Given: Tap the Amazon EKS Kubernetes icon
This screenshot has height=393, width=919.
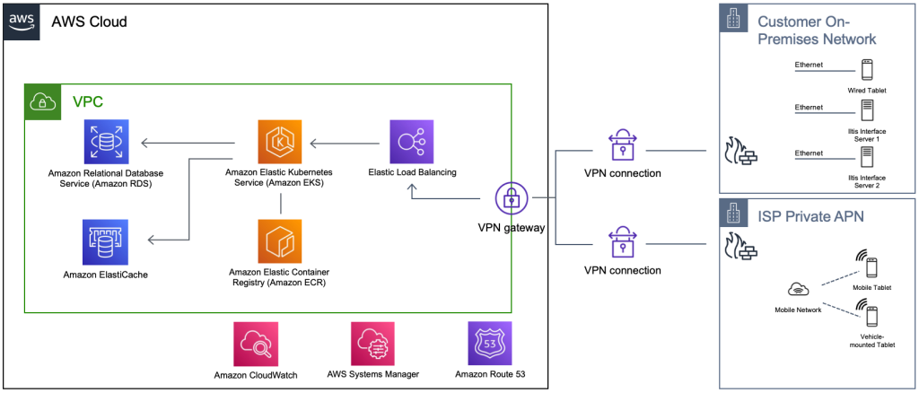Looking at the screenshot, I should (x=280, y=142).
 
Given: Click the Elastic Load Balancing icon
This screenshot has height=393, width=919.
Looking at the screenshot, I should (x=412, y=142).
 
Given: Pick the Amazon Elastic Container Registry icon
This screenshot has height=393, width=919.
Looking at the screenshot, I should (x=280, y=240).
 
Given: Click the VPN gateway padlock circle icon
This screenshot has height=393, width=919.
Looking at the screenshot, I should (x=511, y=198).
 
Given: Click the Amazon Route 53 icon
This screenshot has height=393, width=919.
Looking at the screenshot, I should (x=490, y=344).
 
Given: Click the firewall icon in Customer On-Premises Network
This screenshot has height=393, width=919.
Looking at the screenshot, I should (x=742, y=153).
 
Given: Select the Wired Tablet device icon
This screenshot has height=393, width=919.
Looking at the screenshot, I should (x=866, y=70).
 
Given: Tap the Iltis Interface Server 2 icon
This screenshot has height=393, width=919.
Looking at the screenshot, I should (x=866, y=158).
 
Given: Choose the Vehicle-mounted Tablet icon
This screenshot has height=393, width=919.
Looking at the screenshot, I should (x=870, y=316).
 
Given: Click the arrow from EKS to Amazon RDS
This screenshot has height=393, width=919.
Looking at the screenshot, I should (x=188, y=142).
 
